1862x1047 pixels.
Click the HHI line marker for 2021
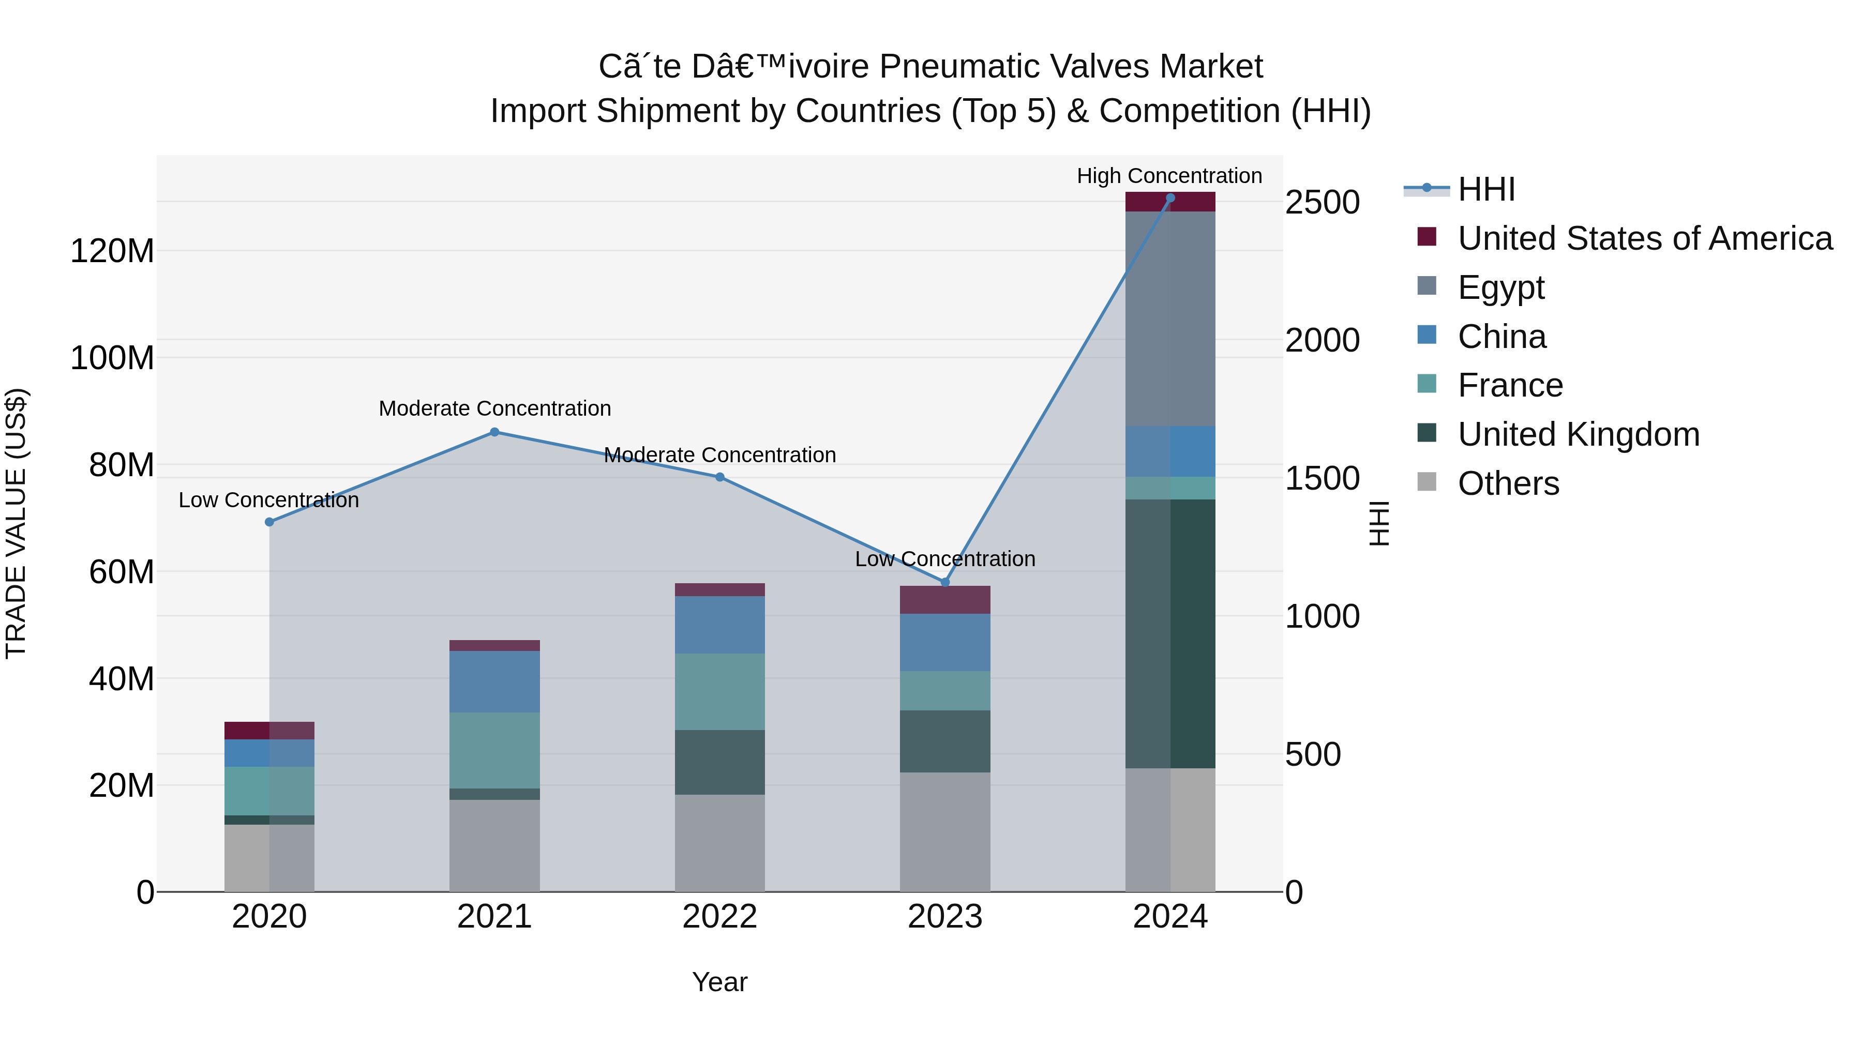pos(494,432)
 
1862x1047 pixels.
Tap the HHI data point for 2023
pos(945,582)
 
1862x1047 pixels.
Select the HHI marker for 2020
pos(269,522)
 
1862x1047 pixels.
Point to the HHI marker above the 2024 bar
pos(1170,198)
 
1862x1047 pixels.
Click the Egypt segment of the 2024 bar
pos(1170,318)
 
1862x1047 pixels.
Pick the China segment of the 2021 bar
pos(494,681)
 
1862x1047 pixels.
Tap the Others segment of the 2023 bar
pos(945,831)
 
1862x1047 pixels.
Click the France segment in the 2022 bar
pos(719,691)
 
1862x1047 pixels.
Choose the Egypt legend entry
pos(1500,287)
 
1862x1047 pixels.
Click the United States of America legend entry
pos(1644,238)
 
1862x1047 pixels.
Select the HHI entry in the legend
pos(1485,189)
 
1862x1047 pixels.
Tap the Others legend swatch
pos(1427,482)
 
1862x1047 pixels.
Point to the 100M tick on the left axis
pos(112,358)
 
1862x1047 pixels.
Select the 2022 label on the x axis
pos(719,917)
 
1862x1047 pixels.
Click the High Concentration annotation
pos(1169,176)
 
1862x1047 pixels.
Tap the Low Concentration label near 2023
pos(945,558)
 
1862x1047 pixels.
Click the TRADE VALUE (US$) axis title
pos(16,523)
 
